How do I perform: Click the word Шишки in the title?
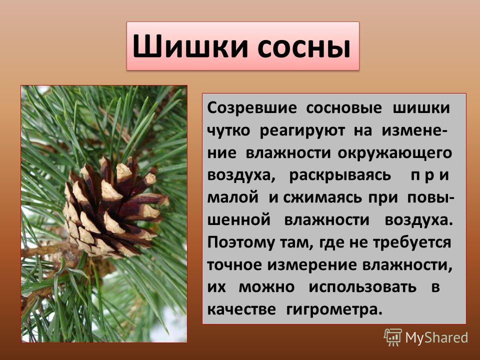(190, 46)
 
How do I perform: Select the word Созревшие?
(252, 108)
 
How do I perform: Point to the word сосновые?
(344, 108)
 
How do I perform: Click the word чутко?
(228, 131)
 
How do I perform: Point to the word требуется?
(412, 243)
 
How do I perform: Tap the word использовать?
(363, 287)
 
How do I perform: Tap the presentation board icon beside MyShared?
(393, 337)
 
